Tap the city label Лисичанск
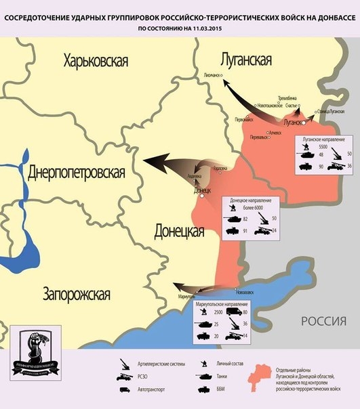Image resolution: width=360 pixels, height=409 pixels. [x=212, y=75]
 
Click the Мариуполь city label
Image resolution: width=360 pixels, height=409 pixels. [x=188, y=297]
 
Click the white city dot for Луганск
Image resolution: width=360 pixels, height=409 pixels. [x=305, y=124]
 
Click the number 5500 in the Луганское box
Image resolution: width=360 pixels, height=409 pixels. [x=323, y=147]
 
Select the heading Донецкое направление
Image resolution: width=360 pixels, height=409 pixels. [x=251, y=200]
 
